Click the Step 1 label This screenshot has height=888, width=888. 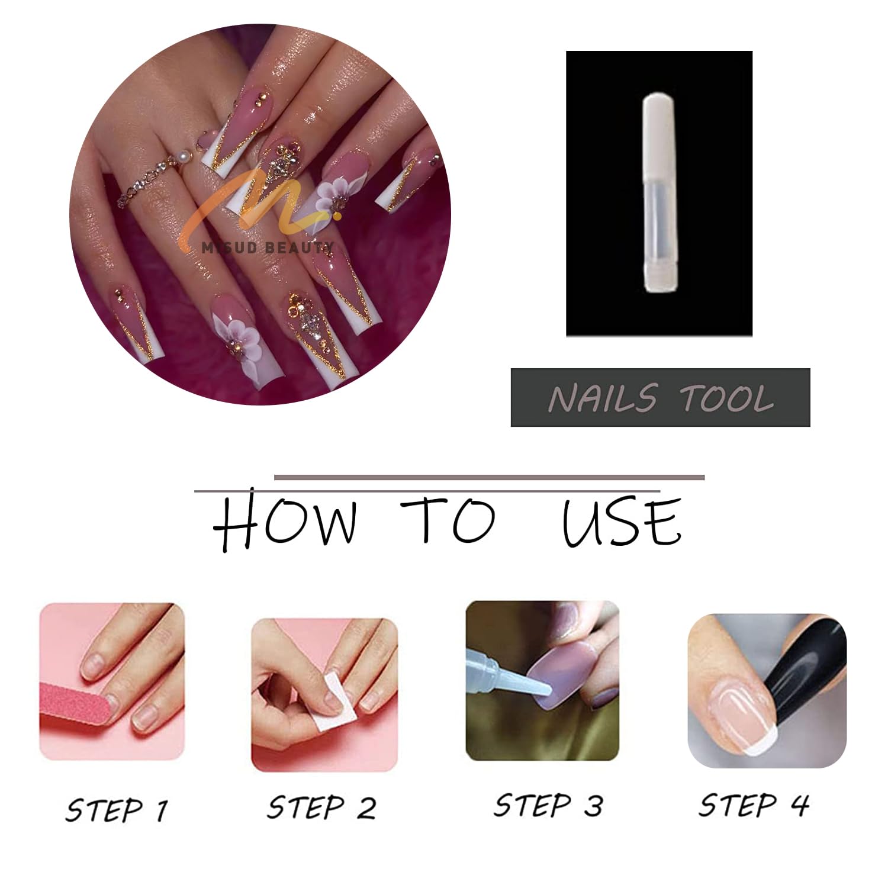tap(117, 810)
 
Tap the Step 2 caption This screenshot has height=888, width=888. tap(321, 807)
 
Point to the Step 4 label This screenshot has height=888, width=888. tap(754, 805)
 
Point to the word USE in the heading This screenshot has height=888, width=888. tap(622, 521)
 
